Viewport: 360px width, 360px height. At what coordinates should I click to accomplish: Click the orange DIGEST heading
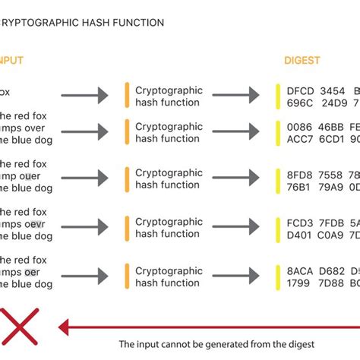(x=302, y=60)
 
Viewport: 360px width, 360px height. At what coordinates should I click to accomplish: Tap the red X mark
(x=18, y=327)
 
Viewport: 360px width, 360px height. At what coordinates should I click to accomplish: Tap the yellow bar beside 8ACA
(x=279, y=276)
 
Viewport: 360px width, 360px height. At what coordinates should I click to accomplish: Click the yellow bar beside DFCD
(x=279, y=96)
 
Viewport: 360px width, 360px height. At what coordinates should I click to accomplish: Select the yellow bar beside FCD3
(x=279, y=228)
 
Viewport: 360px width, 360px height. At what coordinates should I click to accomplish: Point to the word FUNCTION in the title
(x=139, y=23)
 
